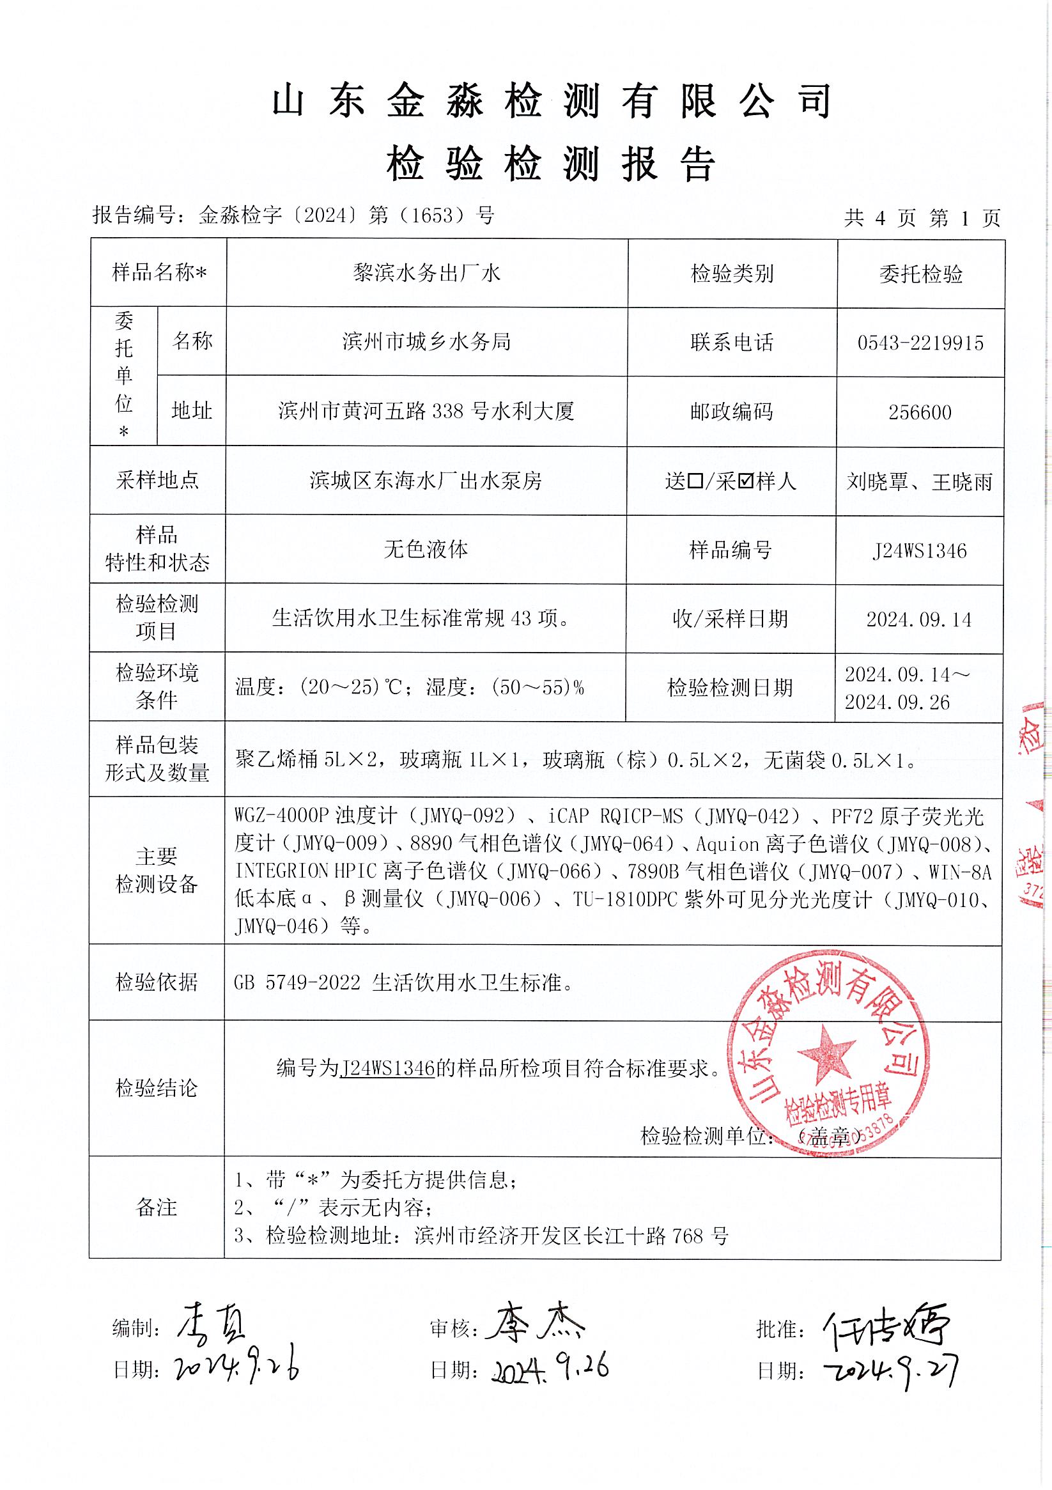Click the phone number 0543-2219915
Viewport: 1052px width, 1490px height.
(920, 343)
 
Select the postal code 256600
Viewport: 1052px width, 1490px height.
(920, 412)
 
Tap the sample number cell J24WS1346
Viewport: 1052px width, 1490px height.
(920, 551)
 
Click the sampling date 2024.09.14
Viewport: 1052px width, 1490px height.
(919, 620)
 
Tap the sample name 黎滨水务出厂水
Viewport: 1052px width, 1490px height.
(426, 273)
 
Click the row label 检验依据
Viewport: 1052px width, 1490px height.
(157, 983)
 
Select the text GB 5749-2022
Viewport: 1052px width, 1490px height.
(297, 983)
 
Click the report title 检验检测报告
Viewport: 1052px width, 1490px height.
(551, 164)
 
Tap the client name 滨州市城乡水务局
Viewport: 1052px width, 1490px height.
(426, 341)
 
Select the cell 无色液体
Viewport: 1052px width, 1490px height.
(426, 550)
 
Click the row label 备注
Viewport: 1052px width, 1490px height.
(157, 1207)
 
